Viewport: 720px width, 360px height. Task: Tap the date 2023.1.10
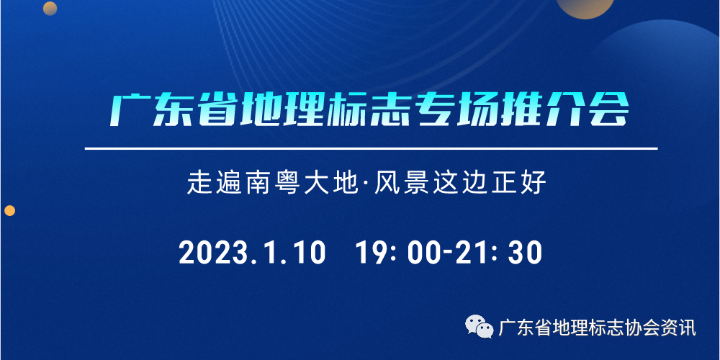tap(252, 253)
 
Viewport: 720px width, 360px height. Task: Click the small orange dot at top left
tap(50, 8)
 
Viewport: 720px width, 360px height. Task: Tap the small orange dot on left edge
tap(9, 211)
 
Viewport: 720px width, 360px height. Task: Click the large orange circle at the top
tap(585, 6)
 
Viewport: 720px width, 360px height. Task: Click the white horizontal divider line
tap(372, 149)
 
